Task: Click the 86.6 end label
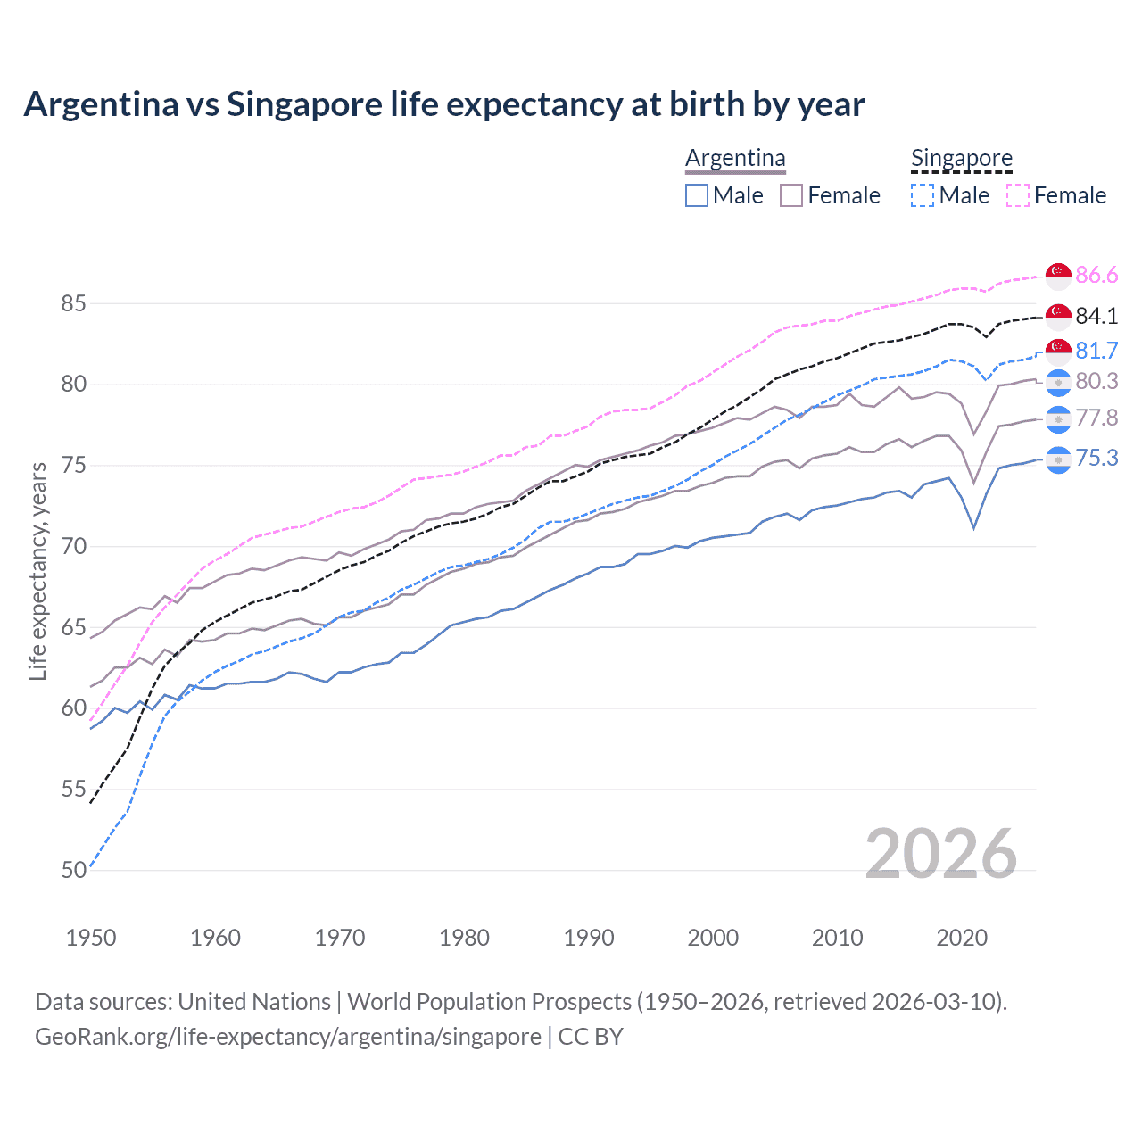pyautogui.click(x=1096, y=275)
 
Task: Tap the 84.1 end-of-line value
pyautogui.click(x=1096, y=316)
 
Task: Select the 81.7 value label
pyautogui.click(x=1096, y=351)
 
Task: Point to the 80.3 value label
pyautogui.click(x=1096, y=381)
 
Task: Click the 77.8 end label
pyautogui.click(x=1096, y=418)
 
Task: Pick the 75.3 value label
pyautogui.click(x=1096, y=458)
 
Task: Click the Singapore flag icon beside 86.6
pyautogui.click(x=1058, y=276)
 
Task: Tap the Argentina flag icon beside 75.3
pyautogui.click(x=1058, y=459)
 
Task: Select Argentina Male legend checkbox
pyautogui.click(x=697, y=195)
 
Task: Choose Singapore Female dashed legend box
pyautogui.click(x=1018, y=195)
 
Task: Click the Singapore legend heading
pyautogui.click(x=961, y=158)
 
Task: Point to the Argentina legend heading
pyautogui.click(x=735, y=158)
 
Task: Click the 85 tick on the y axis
pyautogui.click(x=74, y=303)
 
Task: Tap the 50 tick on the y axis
pyautogui.click(x=74, y=870)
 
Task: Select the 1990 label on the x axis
pyautogui.click(x=589, y=938)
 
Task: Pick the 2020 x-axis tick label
pyautogui.click(x=962, y=938)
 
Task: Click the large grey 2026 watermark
pyautogui.click(x=940, y=854)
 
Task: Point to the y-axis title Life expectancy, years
pyautogui.click(x=37, y=571)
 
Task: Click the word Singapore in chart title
pyautogui.click(x=304, y=104)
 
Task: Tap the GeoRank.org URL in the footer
pyautogui.click(x=288, y=1037)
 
